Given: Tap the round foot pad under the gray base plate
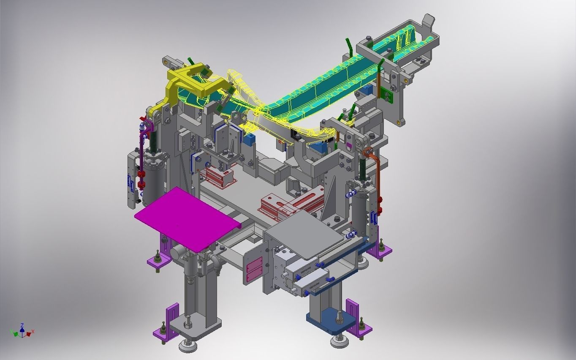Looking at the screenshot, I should coord(188,346).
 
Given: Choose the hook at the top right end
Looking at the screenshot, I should coord(428,21).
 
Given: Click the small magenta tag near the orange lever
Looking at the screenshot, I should coord(349,146).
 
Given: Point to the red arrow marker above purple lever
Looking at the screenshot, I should coord(144,119).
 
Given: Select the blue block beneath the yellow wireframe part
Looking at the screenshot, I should coord(252,139).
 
